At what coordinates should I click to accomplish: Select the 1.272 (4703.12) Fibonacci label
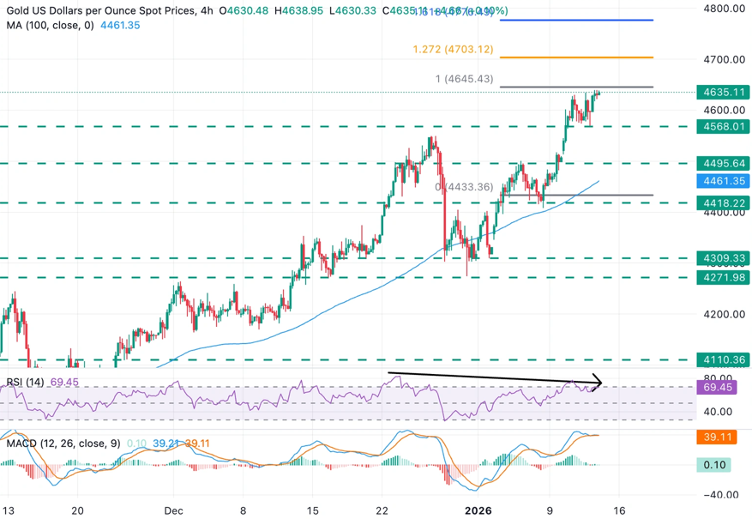tap(453, 50)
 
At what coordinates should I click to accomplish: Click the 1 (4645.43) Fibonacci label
tap(465, 79)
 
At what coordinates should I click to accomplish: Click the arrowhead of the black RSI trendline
tap(600, 383)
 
